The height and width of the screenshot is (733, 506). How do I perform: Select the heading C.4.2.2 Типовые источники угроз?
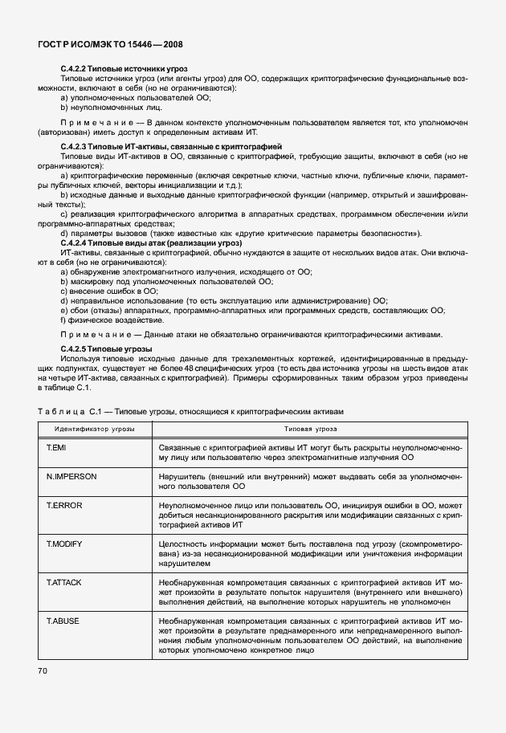(124, 70)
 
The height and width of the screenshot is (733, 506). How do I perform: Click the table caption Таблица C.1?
(190, 410)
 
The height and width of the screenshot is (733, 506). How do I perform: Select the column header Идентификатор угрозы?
(94, 430)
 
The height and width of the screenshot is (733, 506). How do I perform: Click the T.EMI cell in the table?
(59, 446)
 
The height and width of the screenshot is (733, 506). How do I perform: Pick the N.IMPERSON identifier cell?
(71, 476)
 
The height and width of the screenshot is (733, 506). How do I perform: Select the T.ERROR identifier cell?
(64, 505)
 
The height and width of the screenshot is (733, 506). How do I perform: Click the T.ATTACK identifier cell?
(67, 581)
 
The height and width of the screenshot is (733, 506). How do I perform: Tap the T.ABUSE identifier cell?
(65, 620)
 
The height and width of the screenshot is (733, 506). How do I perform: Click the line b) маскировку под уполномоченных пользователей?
(167, 282)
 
